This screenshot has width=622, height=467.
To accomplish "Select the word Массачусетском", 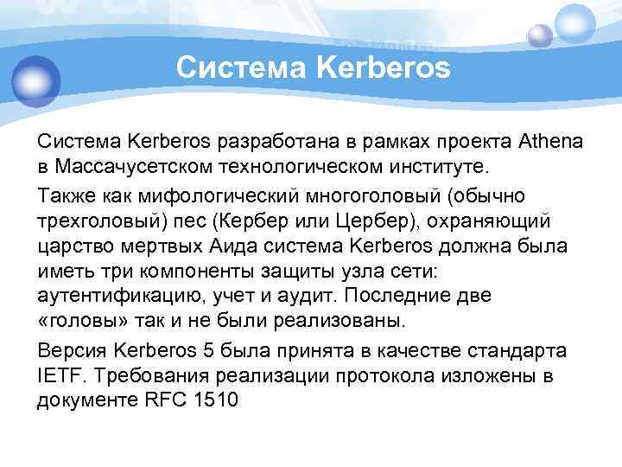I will pos(113,164).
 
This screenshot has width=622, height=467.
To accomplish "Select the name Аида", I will pos(254,246).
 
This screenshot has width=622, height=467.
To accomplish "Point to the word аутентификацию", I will pos(117,296).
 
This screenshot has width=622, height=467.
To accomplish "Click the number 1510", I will pos(213,400).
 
